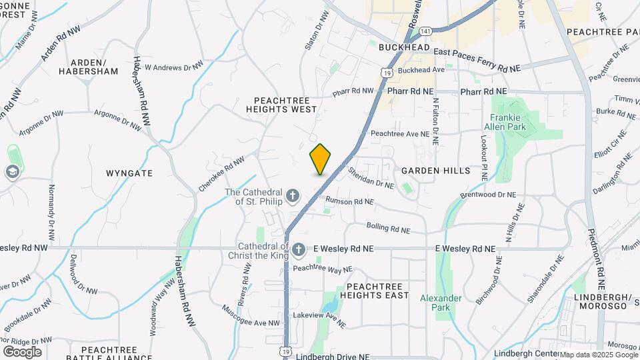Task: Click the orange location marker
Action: pos(320,159)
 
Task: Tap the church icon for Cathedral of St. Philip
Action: pos(293,197)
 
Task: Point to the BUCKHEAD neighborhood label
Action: pos(402,47)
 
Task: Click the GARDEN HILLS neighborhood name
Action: pos(436,171)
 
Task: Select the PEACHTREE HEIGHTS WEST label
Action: pos(281,104)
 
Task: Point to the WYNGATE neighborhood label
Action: pos(129,173)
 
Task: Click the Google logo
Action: pos(22,351)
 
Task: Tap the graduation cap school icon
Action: pos(11,172)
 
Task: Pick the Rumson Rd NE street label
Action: pos(349,201)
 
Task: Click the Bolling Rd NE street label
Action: pos(387,229)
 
